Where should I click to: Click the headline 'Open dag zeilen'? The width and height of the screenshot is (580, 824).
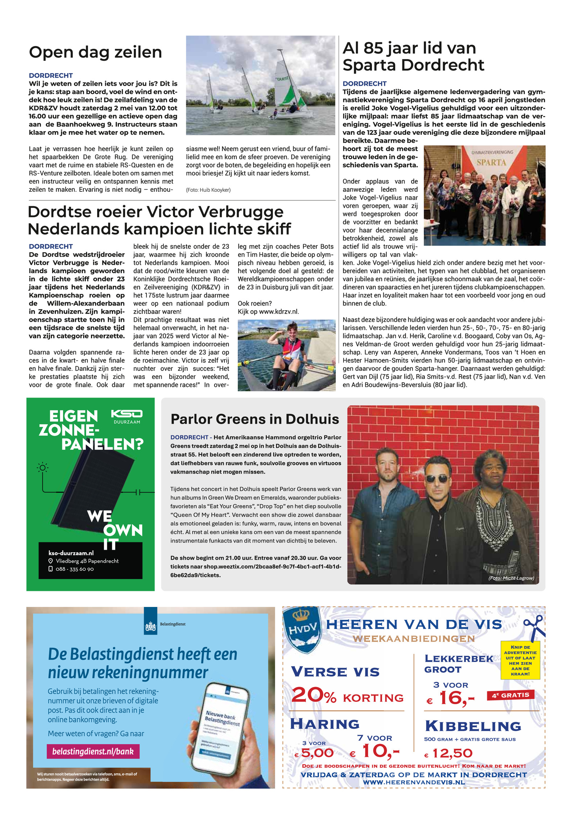tap(95, 52)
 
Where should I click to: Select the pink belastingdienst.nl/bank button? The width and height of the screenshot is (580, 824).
tap(93, 751)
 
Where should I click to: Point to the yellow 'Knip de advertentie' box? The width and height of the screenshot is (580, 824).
tap(520, 660)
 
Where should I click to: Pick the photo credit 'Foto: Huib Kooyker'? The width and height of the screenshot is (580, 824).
tap(208, 190)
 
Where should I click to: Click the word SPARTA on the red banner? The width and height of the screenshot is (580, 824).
tap(491, 162)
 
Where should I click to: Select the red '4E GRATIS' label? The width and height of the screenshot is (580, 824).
tap(510, 695)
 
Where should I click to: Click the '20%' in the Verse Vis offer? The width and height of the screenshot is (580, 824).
tap(314, 695)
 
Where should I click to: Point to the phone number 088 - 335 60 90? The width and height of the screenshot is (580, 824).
tap(75, 569)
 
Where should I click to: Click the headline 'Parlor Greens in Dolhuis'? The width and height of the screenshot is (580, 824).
tap(255, 419)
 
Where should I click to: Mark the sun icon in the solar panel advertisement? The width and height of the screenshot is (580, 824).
tap(42, 467)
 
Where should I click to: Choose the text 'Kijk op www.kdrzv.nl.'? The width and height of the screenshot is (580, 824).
tap(268, 312)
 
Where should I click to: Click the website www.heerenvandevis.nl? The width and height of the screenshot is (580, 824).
tap(414, 782)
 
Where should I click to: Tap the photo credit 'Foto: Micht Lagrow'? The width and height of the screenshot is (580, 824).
tap(511, 578)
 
